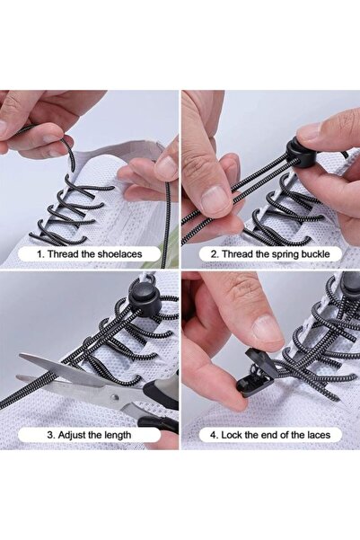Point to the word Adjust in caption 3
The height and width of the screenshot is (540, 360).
click(x=75, y=435)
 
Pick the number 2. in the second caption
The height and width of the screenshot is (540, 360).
click(x=215, y=254)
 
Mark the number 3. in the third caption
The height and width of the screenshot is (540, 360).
click(x=51, y=435)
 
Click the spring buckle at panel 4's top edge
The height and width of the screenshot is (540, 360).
click(x=349, y=286)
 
